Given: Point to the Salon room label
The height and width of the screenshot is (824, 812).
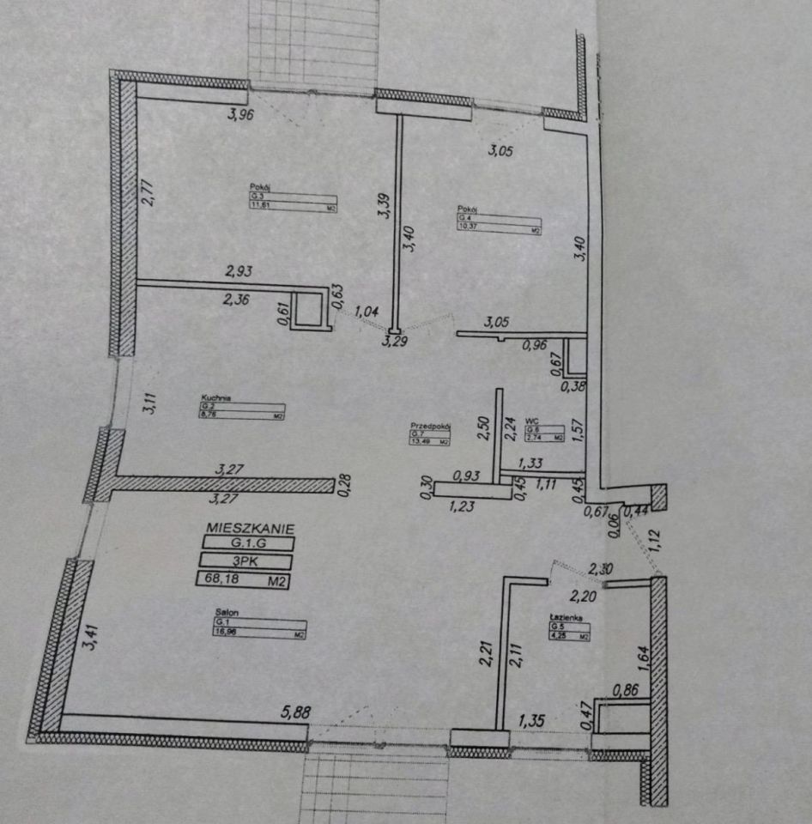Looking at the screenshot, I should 226,612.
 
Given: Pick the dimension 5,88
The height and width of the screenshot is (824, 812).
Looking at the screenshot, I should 295,711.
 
